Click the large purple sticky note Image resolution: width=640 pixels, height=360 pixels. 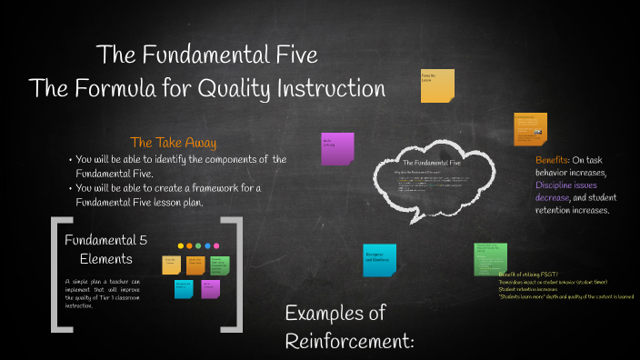click(337, 148)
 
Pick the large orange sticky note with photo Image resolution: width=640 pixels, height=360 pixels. click(530, 128)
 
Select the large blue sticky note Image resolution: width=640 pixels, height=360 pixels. click(379, 259)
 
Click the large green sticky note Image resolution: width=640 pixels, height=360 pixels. click(490, 257)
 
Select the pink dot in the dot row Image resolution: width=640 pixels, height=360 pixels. click(215, 245)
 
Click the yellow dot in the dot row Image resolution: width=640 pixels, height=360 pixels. click(180, 245)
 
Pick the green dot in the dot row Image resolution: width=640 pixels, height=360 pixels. click(198, 245)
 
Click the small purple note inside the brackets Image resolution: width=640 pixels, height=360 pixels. click(211, 288)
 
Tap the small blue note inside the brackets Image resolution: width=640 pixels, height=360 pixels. click(185, 288)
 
